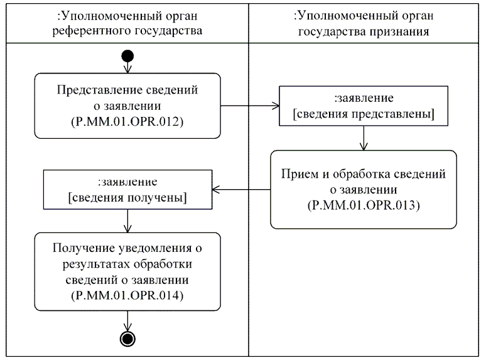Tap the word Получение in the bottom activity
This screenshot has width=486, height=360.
coord(79,248)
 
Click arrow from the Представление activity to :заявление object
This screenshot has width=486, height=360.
coord(251,106)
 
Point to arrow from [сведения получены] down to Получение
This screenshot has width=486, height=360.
coord(127,221)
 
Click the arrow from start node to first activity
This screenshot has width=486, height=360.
coord(127,67)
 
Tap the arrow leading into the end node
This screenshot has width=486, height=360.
coord(127,320)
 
